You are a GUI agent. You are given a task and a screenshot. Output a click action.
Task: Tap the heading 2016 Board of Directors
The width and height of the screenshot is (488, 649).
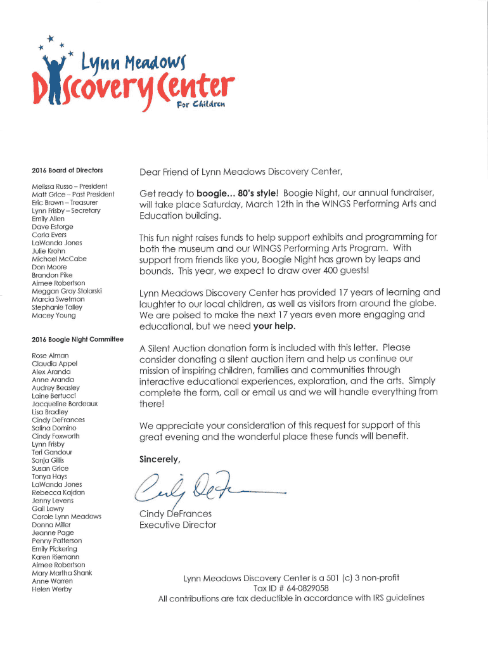pyautogui.click(x=67, y=170)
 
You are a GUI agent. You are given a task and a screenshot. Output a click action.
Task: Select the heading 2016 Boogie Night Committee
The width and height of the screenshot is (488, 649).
pyautogui.click(x=77, y=339)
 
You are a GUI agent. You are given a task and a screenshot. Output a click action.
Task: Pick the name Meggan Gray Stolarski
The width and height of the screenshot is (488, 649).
pyautogui.click(x=67, y=291)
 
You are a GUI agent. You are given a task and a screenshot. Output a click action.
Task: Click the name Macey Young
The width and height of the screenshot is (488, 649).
pyautogui.click(x=53, y=315)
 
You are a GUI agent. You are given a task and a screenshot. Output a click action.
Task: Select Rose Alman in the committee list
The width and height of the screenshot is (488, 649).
pyautogui.click(x=50, y=356)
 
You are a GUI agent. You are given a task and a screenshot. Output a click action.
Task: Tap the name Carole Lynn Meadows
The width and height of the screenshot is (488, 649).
pyautogui.click(x=67, y=517)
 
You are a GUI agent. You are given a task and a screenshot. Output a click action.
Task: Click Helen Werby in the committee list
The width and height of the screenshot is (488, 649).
pyautogui.click(x=52, y=589)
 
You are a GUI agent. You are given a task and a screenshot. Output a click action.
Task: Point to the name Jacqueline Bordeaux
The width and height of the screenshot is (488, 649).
pyautogui.click(x=65, y=404)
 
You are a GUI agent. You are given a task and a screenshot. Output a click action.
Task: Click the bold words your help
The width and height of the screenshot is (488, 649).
pyautogui.click(x=274, y=326)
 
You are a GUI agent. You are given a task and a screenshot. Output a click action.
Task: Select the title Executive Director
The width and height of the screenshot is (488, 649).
pyautogui.click(x=177, y=525)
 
